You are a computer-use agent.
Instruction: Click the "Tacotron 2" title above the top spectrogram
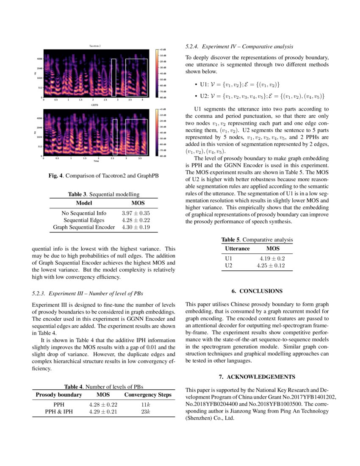[x=95, y=46]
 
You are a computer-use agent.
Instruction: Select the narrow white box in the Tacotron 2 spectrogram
[x=114, y=77]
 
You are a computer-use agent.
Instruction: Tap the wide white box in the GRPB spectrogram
[x=136, y=137]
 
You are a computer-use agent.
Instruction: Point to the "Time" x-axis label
[x=96, y=161]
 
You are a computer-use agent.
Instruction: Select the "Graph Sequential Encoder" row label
[x=84, y=227]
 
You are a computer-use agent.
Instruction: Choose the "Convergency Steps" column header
[x=148, y=395]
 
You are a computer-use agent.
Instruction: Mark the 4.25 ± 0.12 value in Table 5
[x=271, y=266]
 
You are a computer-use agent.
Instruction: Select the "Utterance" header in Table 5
[x=237, y=249]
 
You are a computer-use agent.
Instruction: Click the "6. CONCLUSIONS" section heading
[x=256, y=291]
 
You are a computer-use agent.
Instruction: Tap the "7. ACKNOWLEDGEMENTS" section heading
[x=257, y=377]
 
